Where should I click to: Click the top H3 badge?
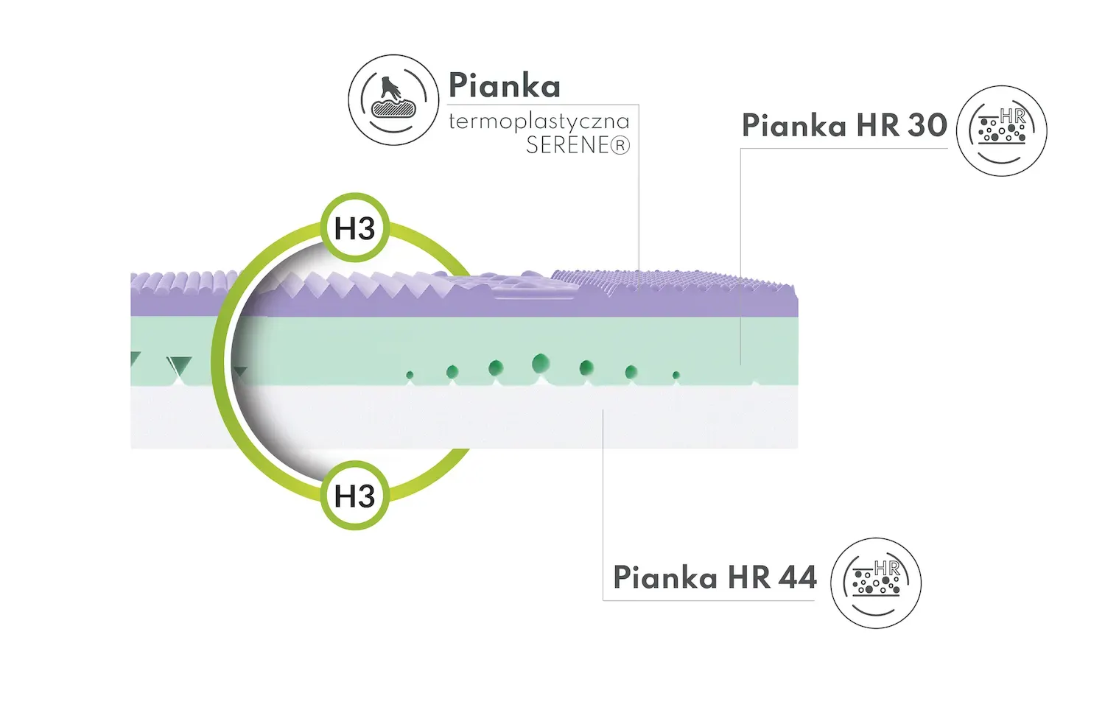[x=355, y=228]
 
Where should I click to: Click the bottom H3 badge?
[x=355, y=496]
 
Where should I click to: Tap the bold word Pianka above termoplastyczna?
[x=505, y=86]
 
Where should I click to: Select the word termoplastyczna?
[x=539, y=121]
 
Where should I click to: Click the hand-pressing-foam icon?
[x=393, y=99]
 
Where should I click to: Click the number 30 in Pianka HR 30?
[x=927, y=125]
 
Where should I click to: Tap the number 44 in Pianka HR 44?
[x=797, y=577]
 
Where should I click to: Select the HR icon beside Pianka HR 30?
[x=1001, y=130]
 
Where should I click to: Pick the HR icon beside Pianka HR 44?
[x=876, y=583]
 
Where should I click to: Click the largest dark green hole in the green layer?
[x=541, y=362]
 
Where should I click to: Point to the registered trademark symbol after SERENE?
[x=621, y=146]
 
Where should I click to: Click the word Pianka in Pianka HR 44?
[x=665, y=577]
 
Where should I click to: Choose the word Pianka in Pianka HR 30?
[x=794, y=126]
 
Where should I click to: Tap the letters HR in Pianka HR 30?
[x=877, y=125]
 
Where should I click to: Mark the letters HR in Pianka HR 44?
[x=749, y=577]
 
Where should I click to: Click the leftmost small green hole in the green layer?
[x=410, y=376]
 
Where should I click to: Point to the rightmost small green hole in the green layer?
[x=676, y=376]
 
